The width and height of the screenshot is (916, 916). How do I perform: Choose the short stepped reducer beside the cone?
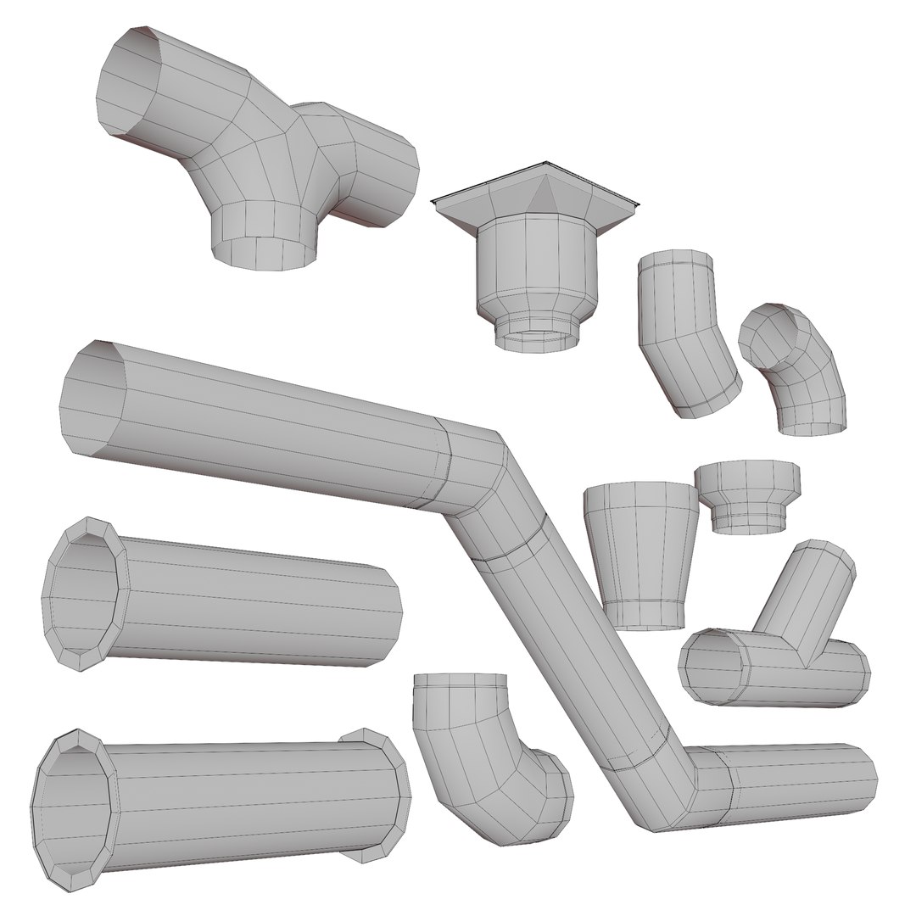pyautogui.click(x=746, y=496)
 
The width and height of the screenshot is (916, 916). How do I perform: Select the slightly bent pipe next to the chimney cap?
pyautogui.click(x=685, y=335)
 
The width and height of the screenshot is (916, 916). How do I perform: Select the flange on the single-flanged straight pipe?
pyautogui.click(x=85, y=594)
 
